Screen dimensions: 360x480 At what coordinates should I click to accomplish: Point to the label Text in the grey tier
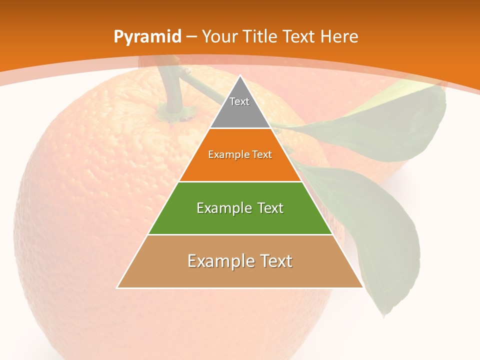(239, 101)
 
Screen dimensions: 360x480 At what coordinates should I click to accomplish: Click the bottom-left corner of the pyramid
(118, 287)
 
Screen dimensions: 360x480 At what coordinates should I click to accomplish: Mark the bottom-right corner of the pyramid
(362, 287)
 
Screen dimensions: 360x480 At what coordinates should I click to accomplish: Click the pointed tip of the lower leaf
(384, 316)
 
